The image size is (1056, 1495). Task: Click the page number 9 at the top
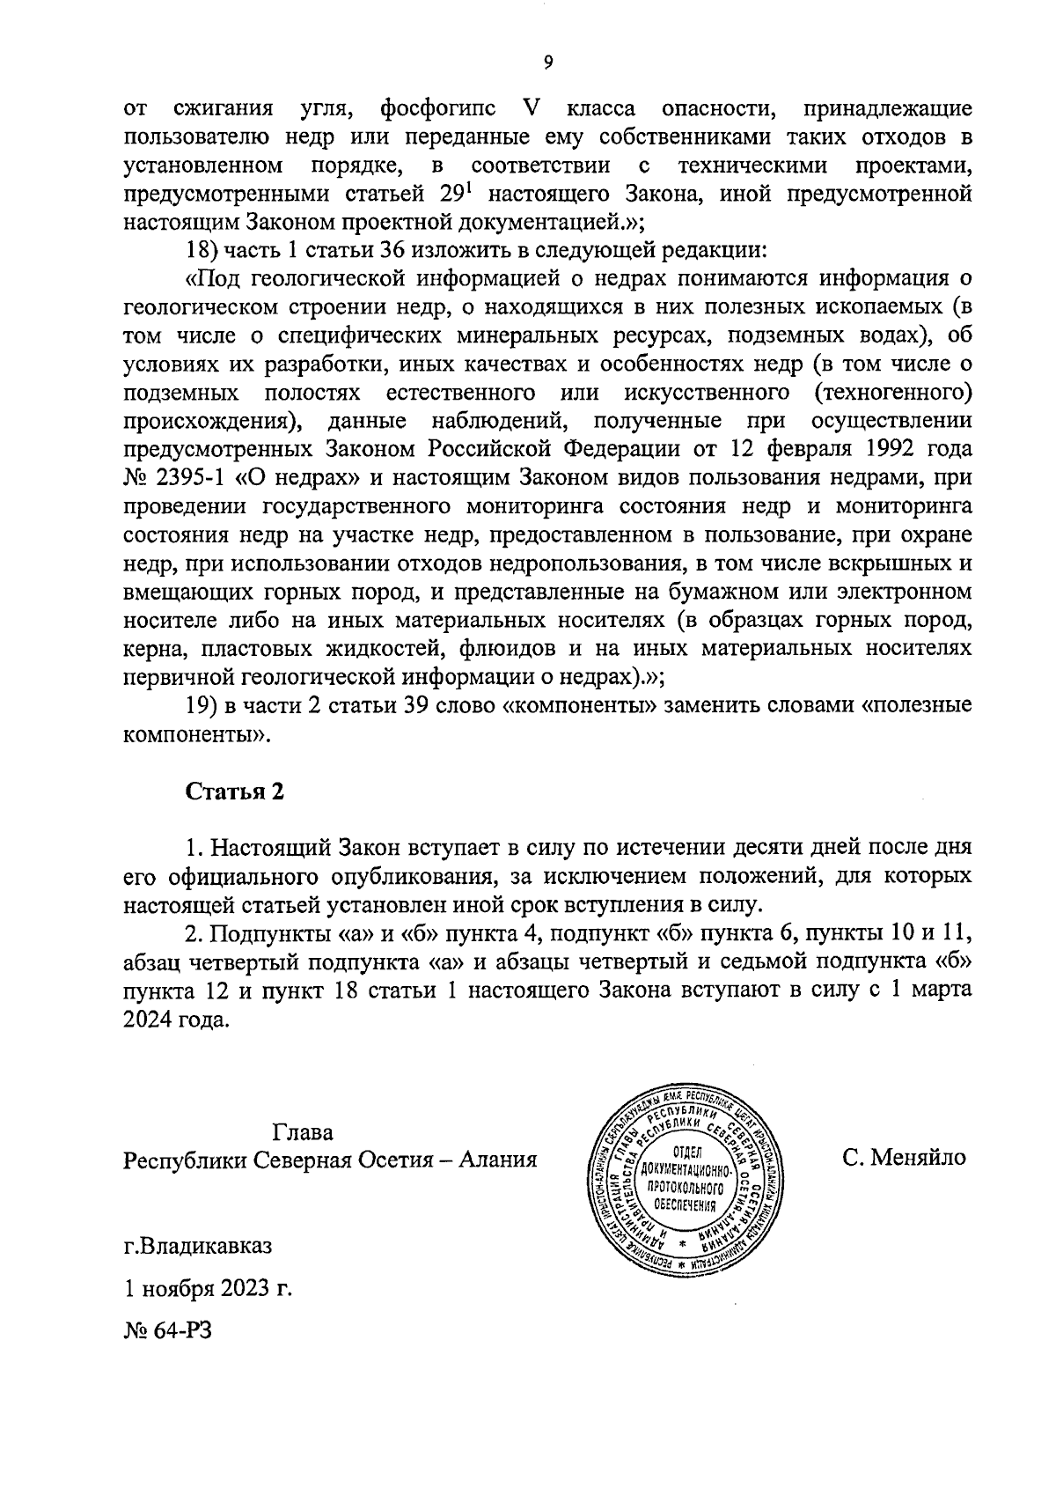(x=547, y=62)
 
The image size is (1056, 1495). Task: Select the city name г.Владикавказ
(x=198, y=1248)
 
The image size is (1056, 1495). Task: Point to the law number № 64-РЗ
(x=168, y=1330)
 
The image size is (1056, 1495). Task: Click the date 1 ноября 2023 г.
(x=208, y=1289)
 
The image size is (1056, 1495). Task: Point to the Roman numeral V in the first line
(x=530, y=110)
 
